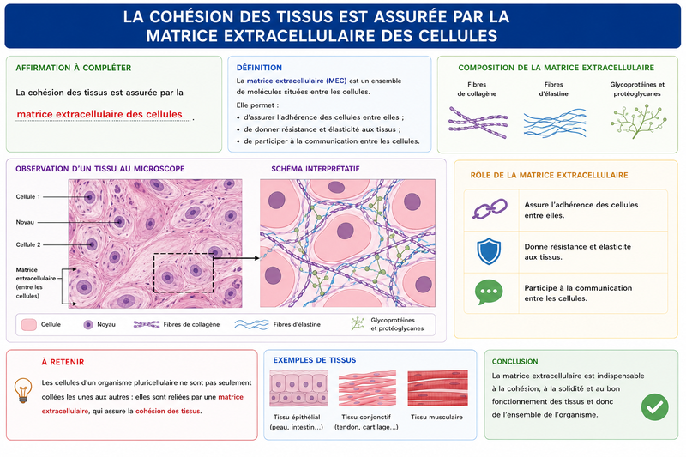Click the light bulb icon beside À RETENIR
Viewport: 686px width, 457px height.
tap(23, 390)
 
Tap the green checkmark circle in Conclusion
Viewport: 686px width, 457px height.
tap(654, 407)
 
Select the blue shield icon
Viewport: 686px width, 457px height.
tap(489, 251)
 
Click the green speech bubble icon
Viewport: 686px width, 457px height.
tap(489, 292)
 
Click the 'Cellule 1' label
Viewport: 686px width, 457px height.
tap(28, 197)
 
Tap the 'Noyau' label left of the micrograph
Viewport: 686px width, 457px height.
tap(25, 222)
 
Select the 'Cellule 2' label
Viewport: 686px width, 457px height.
tap(28, 244)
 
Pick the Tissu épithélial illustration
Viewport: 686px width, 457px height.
tap(298, 388)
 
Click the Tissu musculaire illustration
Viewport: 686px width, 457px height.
tap(437, 388)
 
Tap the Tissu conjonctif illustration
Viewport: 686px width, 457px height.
tap(367, 388)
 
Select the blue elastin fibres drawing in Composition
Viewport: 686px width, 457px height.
tap(555, 123)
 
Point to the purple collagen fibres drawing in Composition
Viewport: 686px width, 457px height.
tap(478, 123)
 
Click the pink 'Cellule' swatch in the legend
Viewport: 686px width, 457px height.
tap(29, 324)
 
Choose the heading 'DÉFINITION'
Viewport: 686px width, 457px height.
tap(259, 68)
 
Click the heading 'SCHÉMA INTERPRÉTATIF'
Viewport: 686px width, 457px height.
tap(316, 169)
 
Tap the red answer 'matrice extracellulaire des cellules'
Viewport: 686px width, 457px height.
tap(99, 114)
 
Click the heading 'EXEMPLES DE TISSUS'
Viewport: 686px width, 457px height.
tap(315, 360)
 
